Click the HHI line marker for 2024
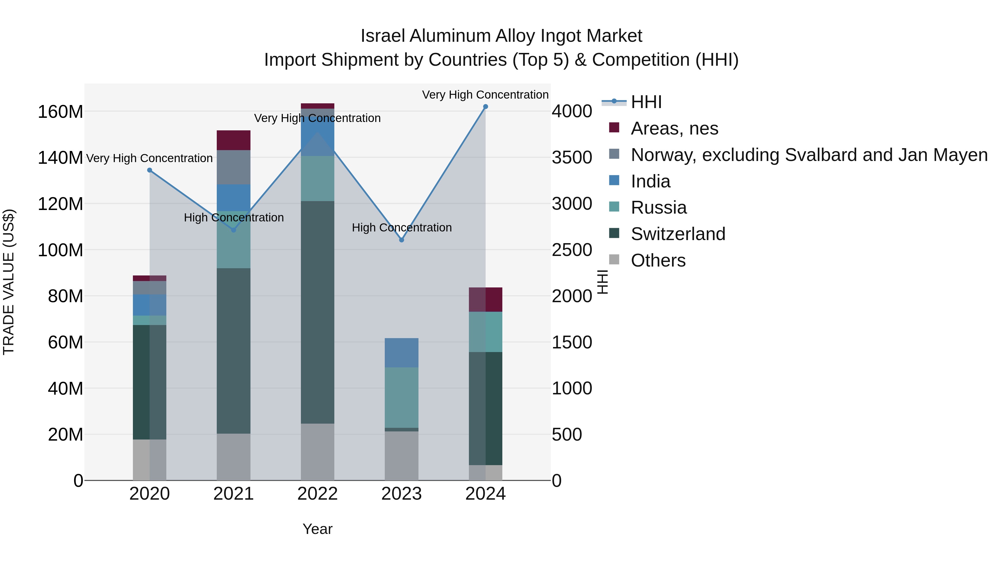click(486, 107)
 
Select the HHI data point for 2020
click(150, 170)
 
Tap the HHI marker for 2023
click(402, 240)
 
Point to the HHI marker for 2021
click(234, 230)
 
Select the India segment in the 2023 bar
click(401, 353)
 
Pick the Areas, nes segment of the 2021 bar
click(234, 140)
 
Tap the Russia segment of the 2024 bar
click(486, 332)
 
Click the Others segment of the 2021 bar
click(234, 456)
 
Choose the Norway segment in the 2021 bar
click(234, 167)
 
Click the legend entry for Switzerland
click(678, 234)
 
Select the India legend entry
click(650, 181)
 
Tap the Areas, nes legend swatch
click(614, 128)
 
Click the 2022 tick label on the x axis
click(317, 494)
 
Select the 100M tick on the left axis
click(60, 250)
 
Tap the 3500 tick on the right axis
click(572, 158)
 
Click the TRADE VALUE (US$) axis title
click(9, 282)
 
